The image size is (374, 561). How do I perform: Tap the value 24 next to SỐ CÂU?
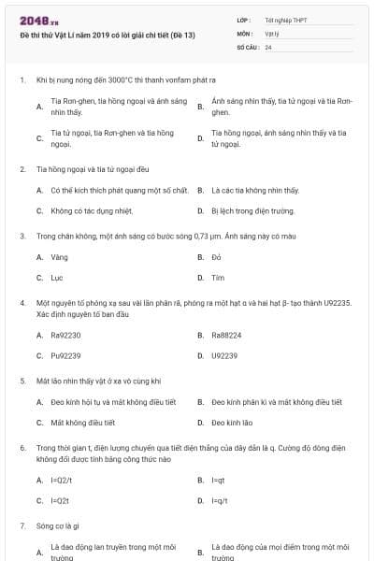tap(268, 46)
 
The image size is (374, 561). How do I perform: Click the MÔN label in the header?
tap(245, 33)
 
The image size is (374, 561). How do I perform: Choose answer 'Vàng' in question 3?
tap(59, 256)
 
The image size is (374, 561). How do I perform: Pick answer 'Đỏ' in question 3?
tap(216, 256)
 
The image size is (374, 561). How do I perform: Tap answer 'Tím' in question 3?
tap(218, 278)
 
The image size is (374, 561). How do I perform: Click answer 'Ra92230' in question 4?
tap(65, 335)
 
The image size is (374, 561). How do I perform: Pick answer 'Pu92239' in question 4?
tap(65, 356)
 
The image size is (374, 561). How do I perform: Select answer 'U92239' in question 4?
tap(224, 356)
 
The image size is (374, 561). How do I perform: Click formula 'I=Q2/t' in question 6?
tap(62, 480)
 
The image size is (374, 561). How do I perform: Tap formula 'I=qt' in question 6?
tap(219, 480)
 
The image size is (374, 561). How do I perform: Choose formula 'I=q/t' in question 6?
tap(220, 501)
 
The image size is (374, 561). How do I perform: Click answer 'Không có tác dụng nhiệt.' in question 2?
tap(92, 211)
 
